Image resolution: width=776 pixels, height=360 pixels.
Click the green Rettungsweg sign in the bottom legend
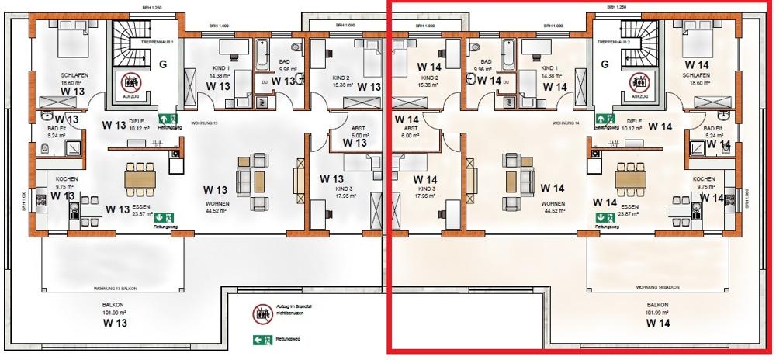pos(258,339)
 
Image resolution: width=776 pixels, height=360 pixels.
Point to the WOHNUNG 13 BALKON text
pos(113,288)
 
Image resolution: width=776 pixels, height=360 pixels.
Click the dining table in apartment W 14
pos(632,178)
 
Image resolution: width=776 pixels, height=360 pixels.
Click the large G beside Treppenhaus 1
pos(165,64)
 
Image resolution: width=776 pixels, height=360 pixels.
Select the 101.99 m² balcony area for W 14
pos(657,313)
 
